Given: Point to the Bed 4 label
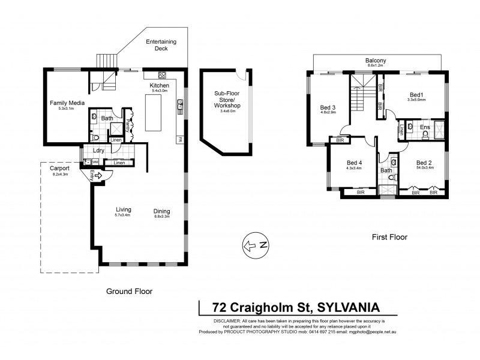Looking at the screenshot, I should click(x=355, y=162).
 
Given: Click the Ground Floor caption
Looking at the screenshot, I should click(x=129, y=291).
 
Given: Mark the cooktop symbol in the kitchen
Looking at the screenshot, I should click(x=162, y=75).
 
